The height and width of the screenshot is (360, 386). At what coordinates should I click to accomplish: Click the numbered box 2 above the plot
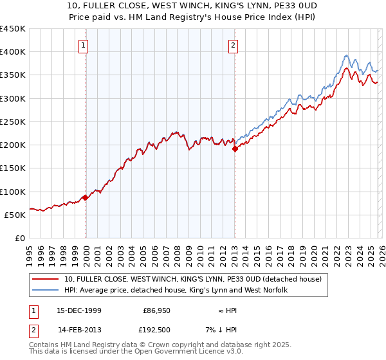(x=232, y=45)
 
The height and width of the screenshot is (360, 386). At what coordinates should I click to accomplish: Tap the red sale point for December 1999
(x=86, y=198)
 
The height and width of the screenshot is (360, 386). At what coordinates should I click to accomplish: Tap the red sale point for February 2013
(x=235, y=148)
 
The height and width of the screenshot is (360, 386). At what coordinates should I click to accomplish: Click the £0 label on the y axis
(x=21, y=238)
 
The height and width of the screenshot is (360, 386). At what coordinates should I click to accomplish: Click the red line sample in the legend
(x=46, y=279)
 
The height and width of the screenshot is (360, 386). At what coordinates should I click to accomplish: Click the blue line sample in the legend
(x=46, y=290)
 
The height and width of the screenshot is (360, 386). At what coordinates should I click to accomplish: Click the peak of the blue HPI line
(x=346, y=55)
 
